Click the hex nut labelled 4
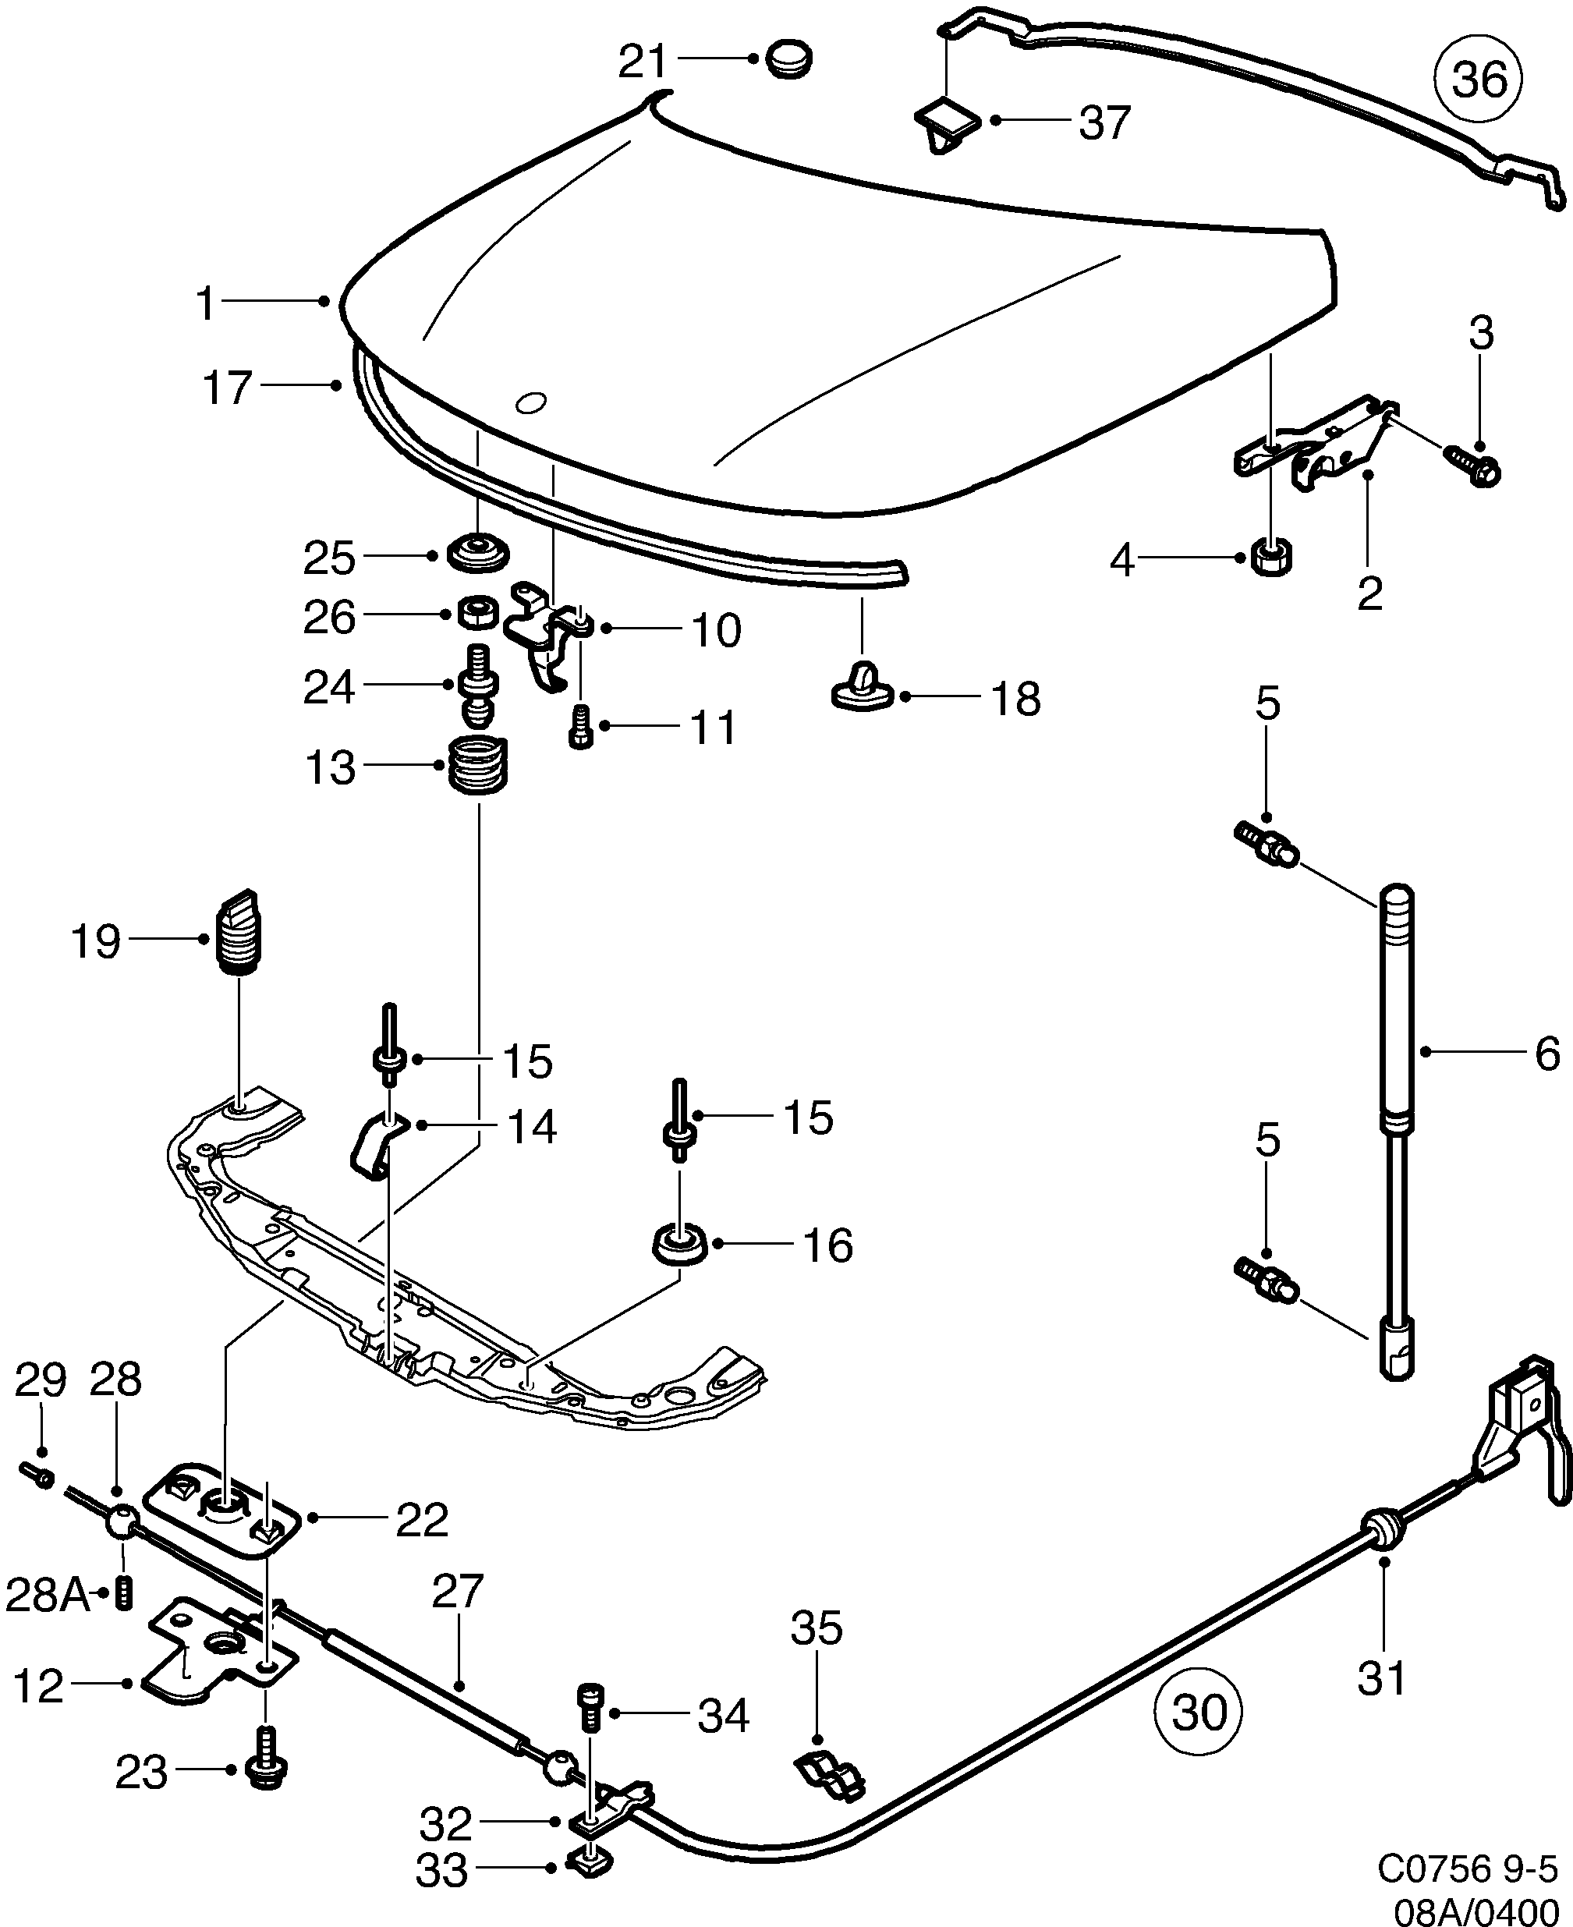click(x=1271, y=556)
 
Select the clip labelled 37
click(x=947, y=125)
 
